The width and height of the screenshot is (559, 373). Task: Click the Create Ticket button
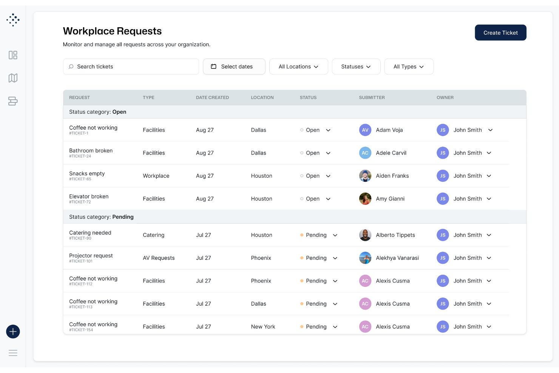click(x=500, y=33)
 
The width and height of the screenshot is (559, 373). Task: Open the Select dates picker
click(x=234, y=67)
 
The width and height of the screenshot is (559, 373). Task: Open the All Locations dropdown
click(x=298, y=67)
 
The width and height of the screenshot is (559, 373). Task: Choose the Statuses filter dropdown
click(x=356, y=67)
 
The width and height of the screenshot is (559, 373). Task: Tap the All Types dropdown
click(x=408, y=67)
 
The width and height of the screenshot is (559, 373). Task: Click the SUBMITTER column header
click(x=372, y=98)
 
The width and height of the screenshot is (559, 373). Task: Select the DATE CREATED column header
click(x=212, y=98)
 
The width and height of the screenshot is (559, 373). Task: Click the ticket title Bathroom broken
click(x=91, y=151)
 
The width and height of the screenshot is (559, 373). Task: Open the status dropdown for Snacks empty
click(x=328, y=176)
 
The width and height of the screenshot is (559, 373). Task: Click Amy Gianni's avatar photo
click(x=365, y=199)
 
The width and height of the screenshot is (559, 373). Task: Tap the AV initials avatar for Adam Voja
click(x=365, y=130)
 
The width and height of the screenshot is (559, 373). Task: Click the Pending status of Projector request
click(x=316, y=258)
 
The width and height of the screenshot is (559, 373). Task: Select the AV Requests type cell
click(x=159, y=258)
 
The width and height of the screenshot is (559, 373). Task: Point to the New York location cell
click(x=263, y=327)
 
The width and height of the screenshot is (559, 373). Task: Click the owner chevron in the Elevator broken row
click(x=489, y=199)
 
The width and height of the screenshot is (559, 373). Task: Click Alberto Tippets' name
click(x=395, y=235)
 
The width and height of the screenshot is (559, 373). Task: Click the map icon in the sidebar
click(x=13, y=78)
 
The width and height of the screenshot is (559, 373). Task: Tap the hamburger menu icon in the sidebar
click(x=13, y=353)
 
